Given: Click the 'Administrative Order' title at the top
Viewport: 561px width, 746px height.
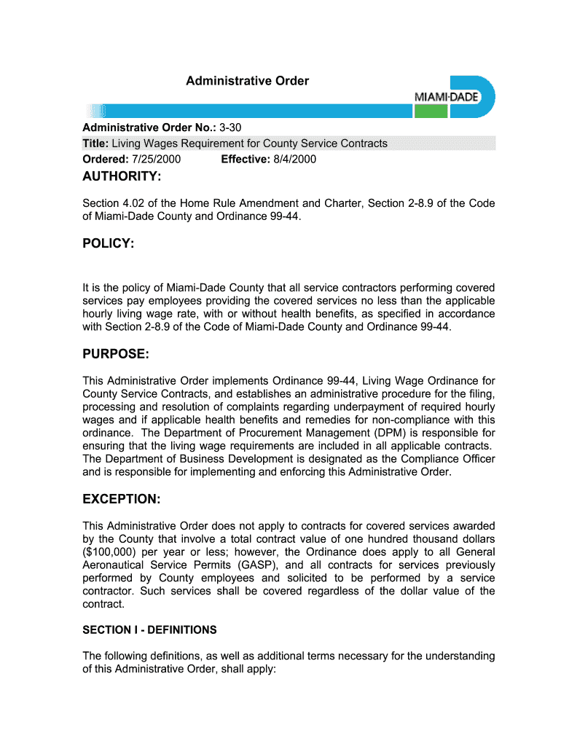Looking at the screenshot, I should [x=247, y=81].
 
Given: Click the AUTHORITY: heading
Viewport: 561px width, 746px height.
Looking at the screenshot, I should [x=122, y=177].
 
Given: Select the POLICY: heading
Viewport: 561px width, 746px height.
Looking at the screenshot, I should [x=109, y=243].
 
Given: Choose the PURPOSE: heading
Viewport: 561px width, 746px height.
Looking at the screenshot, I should [x=116, y=354].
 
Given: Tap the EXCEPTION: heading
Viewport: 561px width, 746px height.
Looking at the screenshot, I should [x=121, y=499].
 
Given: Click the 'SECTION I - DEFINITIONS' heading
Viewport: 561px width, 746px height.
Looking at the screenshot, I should [x=149, y=629].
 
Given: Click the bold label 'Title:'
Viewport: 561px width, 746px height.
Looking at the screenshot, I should [x=95, y=144].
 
